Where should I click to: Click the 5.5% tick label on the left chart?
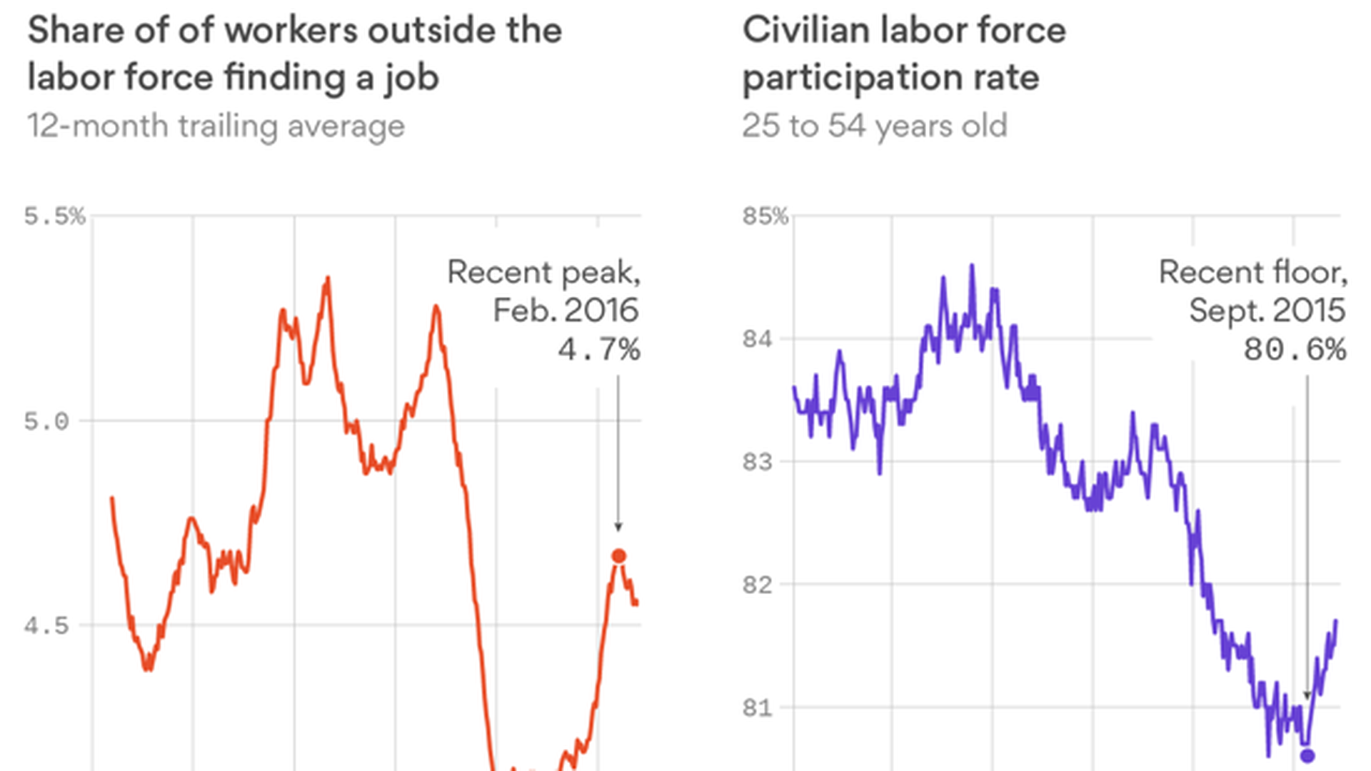coord(54,216)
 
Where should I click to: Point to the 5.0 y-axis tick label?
coord(46,421)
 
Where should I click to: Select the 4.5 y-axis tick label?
coord(46,626)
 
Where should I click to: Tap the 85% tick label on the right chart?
coord(765,216)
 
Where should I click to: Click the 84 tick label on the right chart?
coord(758,338)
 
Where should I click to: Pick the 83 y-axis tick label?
coord(758,462)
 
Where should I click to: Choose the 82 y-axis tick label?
coord(758,585)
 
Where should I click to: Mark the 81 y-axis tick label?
coord(758,707)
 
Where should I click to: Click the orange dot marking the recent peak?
coord(619,556)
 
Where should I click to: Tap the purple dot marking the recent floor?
coord(1307,755)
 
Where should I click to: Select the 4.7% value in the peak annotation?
coord(599,350)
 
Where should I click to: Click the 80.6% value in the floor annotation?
coord(1295,350)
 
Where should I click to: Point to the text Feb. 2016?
coord(566,311)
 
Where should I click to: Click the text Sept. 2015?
coord(1267,311)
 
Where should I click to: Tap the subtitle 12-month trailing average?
coord(216,126)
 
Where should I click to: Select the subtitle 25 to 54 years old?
coord(874,126)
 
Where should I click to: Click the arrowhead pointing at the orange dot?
coord(618,527)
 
